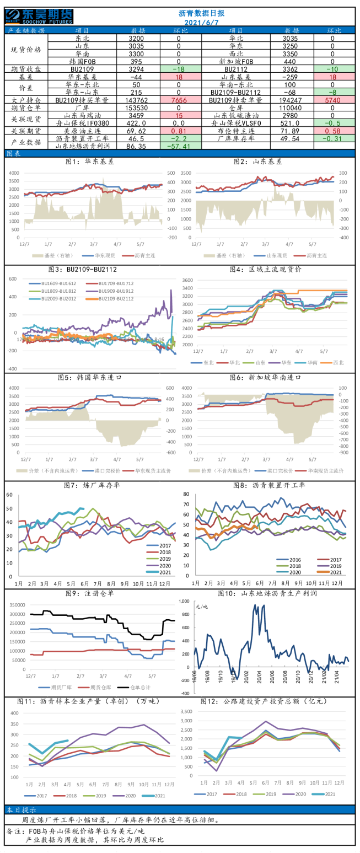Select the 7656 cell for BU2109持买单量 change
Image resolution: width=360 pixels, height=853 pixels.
tap(179, 101)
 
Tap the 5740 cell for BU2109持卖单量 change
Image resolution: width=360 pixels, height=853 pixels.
tap(332, 101)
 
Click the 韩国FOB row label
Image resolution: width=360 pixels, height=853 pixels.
tap(81, 62)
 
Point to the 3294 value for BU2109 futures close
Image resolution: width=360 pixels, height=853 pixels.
tap(136, 69)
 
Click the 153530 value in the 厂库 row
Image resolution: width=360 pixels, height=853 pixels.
tap(136, 109)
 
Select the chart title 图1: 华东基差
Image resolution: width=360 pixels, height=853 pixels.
tap(89, 162)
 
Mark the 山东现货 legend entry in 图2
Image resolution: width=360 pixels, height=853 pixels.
tap(272, 256)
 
